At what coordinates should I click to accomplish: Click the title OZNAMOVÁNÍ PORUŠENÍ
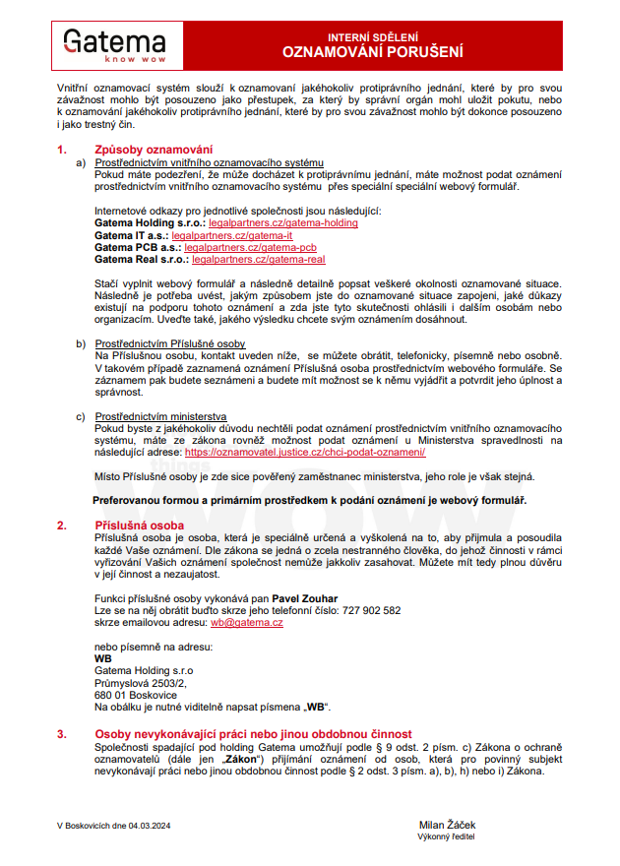click(x=372, y=51)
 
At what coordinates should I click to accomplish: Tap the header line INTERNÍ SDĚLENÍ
click(x=372, y=35)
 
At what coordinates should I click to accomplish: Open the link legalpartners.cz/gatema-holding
click(x=283, y=223)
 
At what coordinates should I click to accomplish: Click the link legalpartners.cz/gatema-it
click(x=232, y=236)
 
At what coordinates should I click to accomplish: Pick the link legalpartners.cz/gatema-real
click(x=259, y=260)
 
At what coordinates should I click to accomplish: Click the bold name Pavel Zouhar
click(x=304, y=598)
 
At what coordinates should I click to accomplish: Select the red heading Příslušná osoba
click(x=139, y=526)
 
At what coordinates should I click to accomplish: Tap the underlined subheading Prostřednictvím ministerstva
click(x=160, y=416)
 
